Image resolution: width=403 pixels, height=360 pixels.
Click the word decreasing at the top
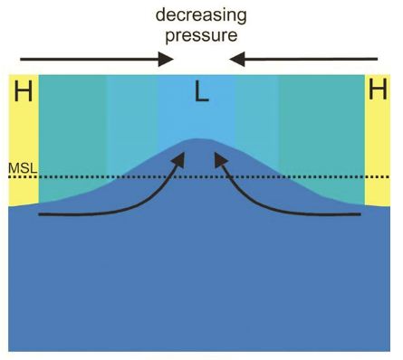point(201,14)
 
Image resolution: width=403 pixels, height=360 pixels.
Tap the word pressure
point(201,35)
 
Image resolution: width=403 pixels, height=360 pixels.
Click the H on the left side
point(23,91)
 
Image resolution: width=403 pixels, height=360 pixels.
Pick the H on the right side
point(378,91)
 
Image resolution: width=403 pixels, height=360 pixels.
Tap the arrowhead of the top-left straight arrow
point(168,60)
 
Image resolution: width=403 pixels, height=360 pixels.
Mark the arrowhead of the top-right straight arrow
point(236,60)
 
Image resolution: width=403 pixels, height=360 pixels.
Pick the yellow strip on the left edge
point(23,145)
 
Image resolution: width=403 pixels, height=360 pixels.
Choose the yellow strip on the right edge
point(378,145)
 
